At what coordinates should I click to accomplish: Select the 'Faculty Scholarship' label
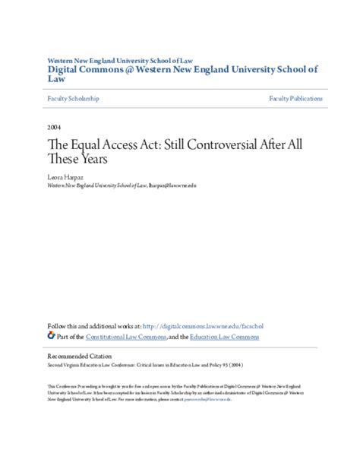72,99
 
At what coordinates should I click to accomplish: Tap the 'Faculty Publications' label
295,99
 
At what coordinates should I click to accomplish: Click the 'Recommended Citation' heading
79,357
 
